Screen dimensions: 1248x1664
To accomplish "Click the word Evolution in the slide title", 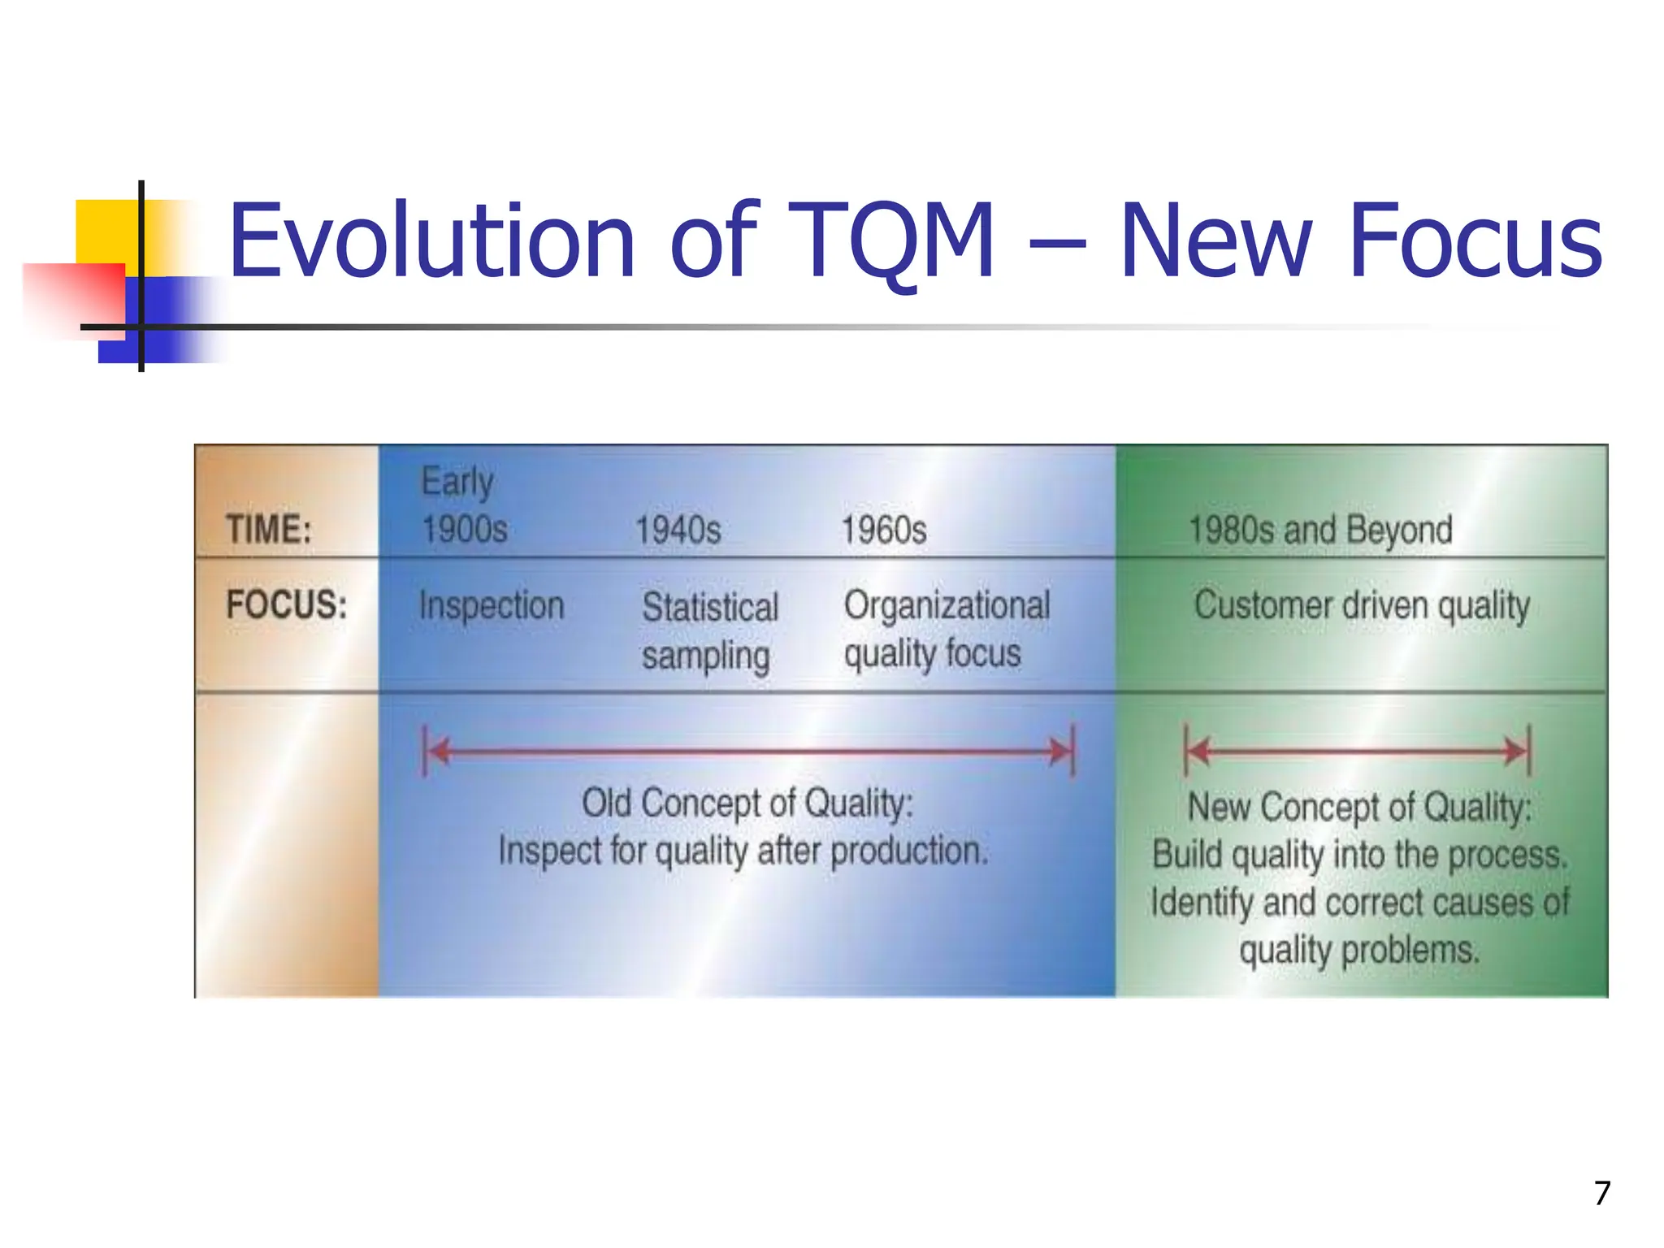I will [x=431, y=241].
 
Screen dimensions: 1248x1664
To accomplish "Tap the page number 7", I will [x=1601, y=1193].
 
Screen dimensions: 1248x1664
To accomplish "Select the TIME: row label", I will [x=269, y=530].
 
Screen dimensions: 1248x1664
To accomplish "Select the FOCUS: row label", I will [x=286, y=605].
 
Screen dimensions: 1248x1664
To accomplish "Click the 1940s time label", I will [x=678, y=531].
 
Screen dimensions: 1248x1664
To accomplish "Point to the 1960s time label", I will [x=883, y=531].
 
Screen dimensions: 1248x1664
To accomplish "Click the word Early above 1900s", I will [x=457, y=482].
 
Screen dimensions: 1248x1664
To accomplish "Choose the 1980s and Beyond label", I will [x=1320, y=530].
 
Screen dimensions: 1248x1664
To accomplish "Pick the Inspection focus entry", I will [x=492, y=606].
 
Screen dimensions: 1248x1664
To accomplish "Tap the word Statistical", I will [x=710, y=608].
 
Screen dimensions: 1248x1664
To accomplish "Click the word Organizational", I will [x=947, y=606].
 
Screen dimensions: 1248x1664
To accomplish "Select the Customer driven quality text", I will [x=1362, y=606].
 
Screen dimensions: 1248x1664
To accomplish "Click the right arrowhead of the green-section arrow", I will [x=1516, y=752].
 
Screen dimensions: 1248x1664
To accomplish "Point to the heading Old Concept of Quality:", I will [x=747, y=804].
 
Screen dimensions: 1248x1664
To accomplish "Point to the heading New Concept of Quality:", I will [x=1359, y=808].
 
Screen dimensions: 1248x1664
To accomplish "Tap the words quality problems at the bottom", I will [x=1359, y=950].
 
